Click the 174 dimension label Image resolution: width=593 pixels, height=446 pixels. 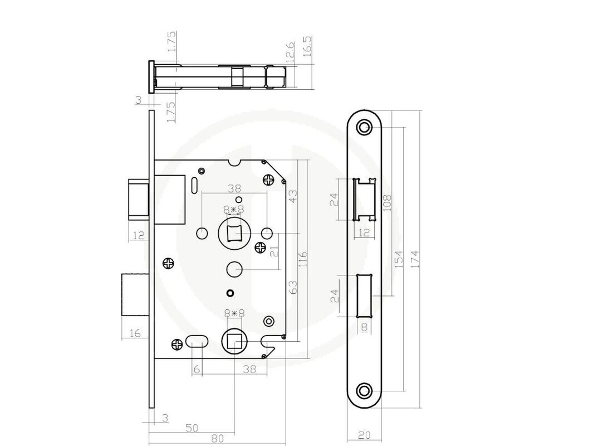pyautogui.click(x=414, y=259)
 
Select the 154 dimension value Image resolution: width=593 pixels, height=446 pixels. pyautogui.click(x=399, y=259)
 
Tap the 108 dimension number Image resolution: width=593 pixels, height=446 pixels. pyautogui.click(x=387, y=203)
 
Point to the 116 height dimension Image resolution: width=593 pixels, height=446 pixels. pyautogui.click(x=303, y=259)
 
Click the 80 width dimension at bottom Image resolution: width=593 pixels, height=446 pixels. pyautogui.click(x=217, y=438)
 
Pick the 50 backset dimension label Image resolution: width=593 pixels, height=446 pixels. pyautogui.click(x=192, y=428)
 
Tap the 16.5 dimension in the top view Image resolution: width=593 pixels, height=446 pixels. pyautogui.click(x=307, y=46)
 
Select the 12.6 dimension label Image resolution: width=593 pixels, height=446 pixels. pyautogui.click(x=290, y=51)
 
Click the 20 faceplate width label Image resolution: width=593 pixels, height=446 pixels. pyautogui.click(x=364, y=435)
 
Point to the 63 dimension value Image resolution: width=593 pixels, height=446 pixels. pyautogui.click(x=293, y=287)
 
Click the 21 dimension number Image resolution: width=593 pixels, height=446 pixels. pyautogui.click(x=274, y=251)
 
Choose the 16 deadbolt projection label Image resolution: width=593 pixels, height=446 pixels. pyautogui.click(x=135, y=333)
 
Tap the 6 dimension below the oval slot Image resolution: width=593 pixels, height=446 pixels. pyautogui.click(x=197, y=369)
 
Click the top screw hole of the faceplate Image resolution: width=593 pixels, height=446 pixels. pyautogui.click(x=364, y=127)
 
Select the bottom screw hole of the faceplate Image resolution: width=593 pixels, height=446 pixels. pyautogui.click(x=364, y=390)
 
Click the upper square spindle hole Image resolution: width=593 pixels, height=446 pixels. pyautogui.click(x=234, y=233)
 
